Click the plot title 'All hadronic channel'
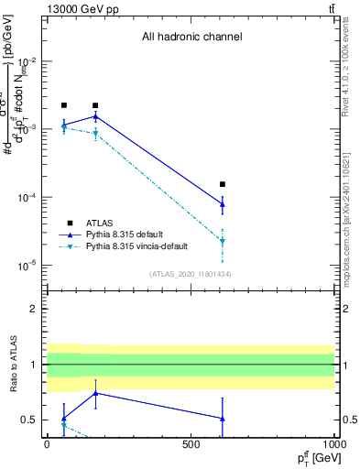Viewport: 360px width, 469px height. pyautogui.click(x=191, y=38)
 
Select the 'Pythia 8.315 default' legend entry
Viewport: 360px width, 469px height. pyautogui.click(x=127, y=234)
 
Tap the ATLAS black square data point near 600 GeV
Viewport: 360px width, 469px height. pyautogui.click(x=223, y=184)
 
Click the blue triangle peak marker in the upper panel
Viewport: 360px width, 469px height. pyautogui.click(x=95, y=116)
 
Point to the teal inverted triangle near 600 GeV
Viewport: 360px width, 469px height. pyautogui.click(x=223, y=242)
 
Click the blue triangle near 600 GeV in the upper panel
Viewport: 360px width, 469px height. pyautogui.click(x=223, y=204)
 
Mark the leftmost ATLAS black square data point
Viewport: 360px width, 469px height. pyautogui.click(x=63, y=105)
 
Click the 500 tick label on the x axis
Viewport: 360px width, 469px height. pyautogui.click(x=191, y=443)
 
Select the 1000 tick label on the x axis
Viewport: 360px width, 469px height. pyautogui.click(x=334, y=443)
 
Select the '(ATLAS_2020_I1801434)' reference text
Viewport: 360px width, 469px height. pyautogui.click(x=191, y=273)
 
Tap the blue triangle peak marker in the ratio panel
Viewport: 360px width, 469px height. pyautogui.click(x=95, y=393)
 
